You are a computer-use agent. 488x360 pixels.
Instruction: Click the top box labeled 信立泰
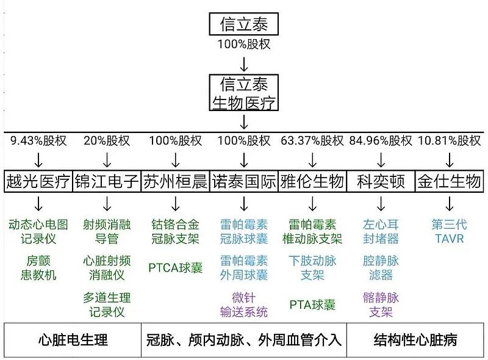click(243, 24)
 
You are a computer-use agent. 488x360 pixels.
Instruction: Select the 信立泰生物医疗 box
click(243, 93)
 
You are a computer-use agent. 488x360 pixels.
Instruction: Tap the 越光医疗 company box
click(38, 181)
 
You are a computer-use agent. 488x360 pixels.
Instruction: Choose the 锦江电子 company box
click(107, 181)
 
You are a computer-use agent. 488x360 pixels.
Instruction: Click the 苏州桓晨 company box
click(175, 181)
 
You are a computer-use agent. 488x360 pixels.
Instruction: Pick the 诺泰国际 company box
click(244, 181)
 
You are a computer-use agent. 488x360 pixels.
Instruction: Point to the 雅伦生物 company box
click(312, 181)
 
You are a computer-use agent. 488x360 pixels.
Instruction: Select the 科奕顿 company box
click(381, 181)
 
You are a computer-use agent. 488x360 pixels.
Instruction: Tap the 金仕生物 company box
click(450, 181)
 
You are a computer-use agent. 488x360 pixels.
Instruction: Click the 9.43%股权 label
click(38, 141)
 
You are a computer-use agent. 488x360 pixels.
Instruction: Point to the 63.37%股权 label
click(312, 141)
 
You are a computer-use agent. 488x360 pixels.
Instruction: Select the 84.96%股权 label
click(381, 141)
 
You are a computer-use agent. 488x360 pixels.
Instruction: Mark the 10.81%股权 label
click(450, 141)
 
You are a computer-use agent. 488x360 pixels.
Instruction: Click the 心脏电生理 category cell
click(72, 340)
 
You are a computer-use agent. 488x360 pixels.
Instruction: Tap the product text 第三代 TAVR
click(450, 231)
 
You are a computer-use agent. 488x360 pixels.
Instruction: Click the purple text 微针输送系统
click(244, 305)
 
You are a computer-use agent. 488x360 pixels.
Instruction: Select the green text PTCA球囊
click(175, 267)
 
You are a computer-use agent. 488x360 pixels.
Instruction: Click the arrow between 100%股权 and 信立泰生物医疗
click(243, 63)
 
